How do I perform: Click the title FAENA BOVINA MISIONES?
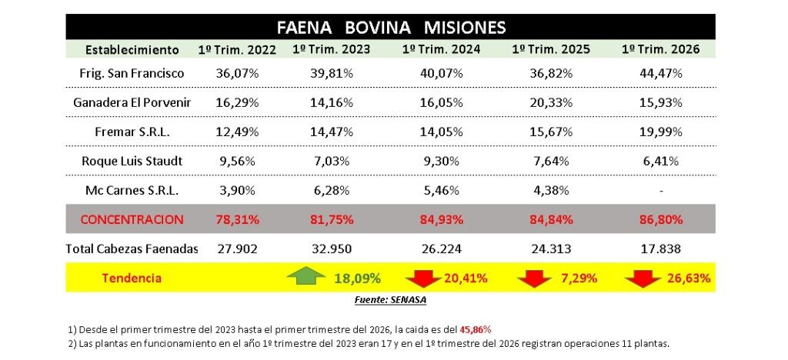coord(392,28)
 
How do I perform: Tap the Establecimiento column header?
coord(132,50)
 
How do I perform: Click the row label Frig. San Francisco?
coord(132,74)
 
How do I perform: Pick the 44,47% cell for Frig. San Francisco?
coord(661,74)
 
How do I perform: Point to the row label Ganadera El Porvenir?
coord(132,102)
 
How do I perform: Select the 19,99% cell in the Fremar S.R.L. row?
coord(661,132)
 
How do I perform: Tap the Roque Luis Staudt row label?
coord(132,161)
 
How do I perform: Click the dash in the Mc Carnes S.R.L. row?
coord(661,190)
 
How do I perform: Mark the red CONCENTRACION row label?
coord(132,219)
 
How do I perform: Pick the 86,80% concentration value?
coord(661,219)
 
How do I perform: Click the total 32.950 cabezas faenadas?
coord(332,248)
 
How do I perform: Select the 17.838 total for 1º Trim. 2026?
coord(661,248)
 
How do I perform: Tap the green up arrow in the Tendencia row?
coord(306,277)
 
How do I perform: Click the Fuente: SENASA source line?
coord(392,299)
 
